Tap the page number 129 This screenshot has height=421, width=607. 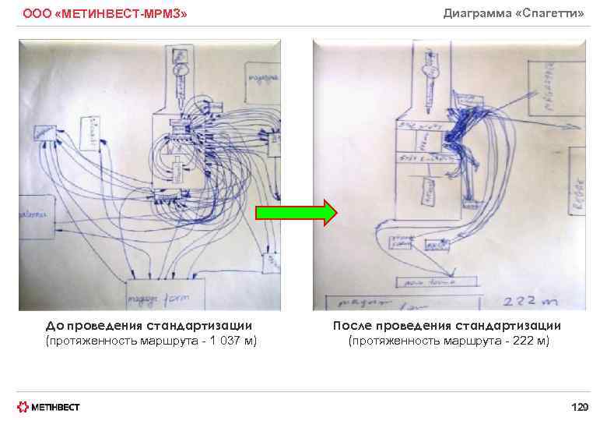pos(579,406)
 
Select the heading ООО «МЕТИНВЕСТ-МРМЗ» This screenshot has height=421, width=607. pos(105,14)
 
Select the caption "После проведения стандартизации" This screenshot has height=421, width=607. pos(447,325)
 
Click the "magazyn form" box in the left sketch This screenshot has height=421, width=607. pos(165,295)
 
